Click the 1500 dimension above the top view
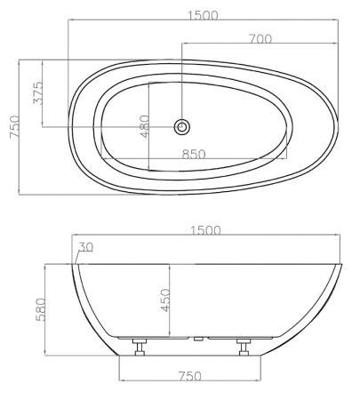(204, 16)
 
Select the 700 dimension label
(260, 38)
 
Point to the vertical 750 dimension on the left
(12, 126)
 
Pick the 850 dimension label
(195, 154)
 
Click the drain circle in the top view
(182, 126)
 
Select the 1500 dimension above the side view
(205, 230)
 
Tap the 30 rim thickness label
(85, 246)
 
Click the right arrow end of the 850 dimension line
(286, 161)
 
